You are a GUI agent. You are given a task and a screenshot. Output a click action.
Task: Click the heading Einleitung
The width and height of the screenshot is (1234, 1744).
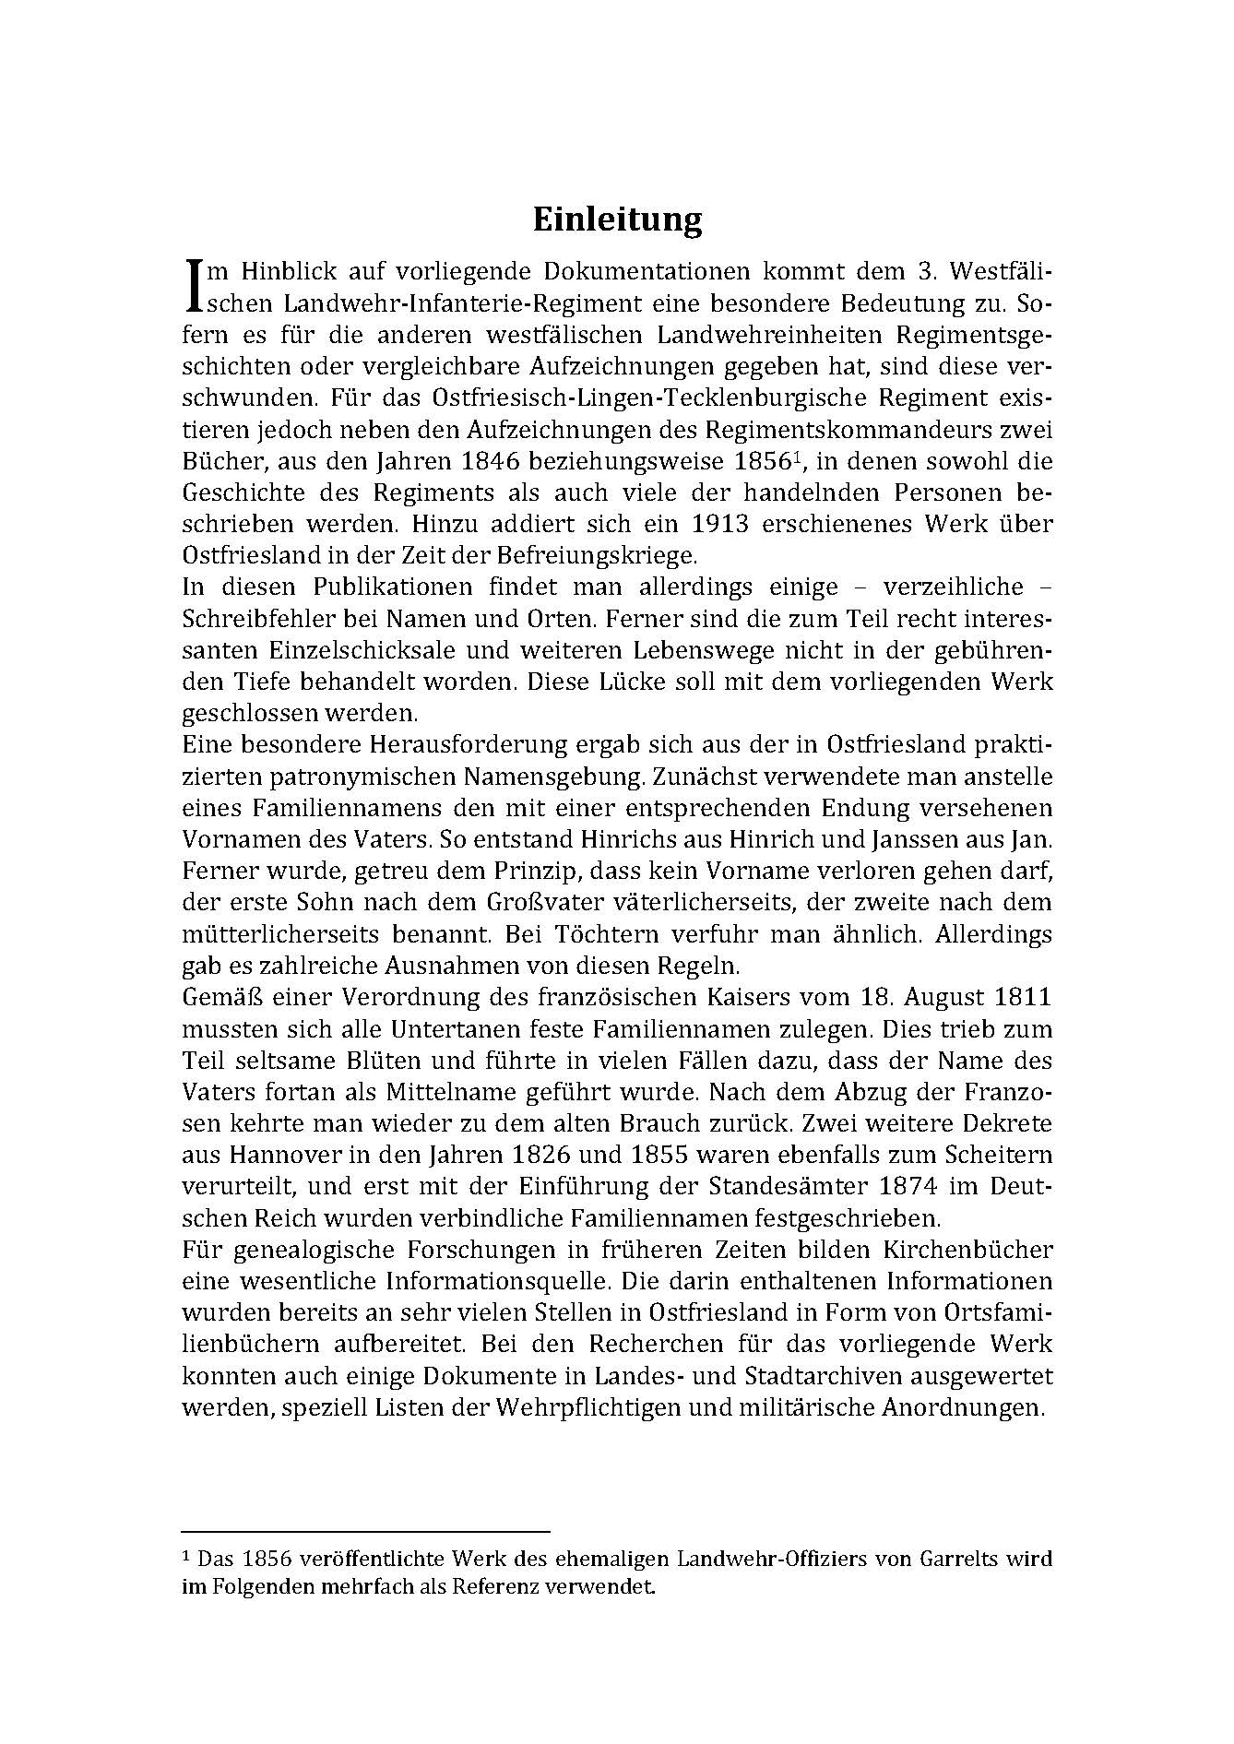(x=617, y=219)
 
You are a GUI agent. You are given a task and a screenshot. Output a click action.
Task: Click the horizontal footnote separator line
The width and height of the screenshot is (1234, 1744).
(x=365, y=1529)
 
